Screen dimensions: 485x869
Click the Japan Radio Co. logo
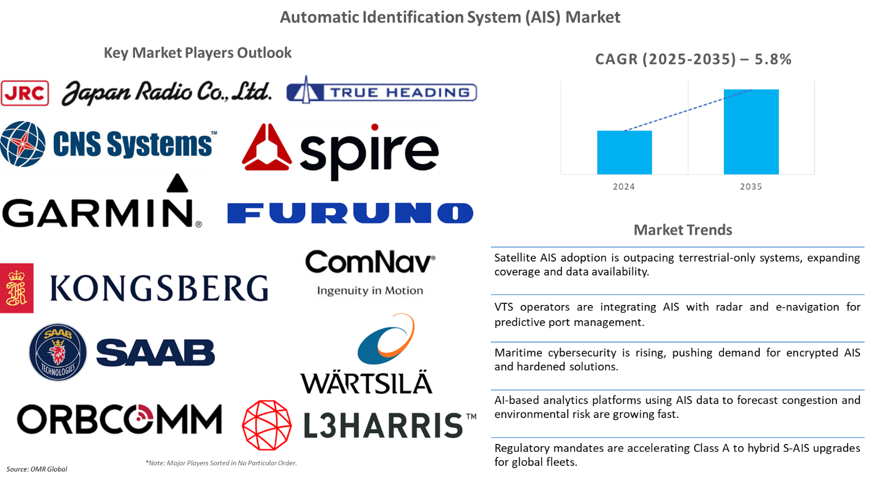tap(136, 92)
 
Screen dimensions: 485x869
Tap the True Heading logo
tap(381, 92)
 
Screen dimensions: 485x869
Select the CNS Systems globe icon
tap(23, 144)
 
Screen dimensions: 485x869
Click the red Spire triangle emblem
tap(266, 148)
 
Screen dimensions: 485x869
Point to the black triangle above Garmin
tap(178, 183)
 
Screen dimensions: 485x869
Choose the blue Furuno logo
tap(350, 213)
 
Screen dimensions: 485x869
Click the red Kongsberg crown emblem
tap(16, 288)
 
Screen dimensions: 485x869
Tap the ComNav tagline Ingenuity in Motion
tap(370, 290)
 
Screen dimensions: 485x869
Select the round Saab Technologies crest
tap(58, 352)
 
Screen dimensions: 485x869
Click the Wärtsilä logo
tap(366, 354)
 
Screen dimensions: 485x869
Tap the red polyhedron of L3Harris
tap(267, 425)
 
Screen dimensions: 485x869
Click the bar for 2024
tap(624, 152)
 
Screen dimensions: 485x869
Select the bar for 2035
tap(751, 132)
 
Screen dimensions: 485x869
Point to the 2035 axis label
tap(751, 187)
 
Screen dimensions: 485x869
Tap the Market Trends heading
tap(683, 230)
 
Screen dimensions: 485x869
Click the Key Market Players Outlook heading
tap(197, 53)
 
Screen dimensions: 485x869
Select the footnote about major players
tap(221, 463)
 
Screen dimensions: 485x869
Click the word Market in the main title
tap(592, 17)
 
